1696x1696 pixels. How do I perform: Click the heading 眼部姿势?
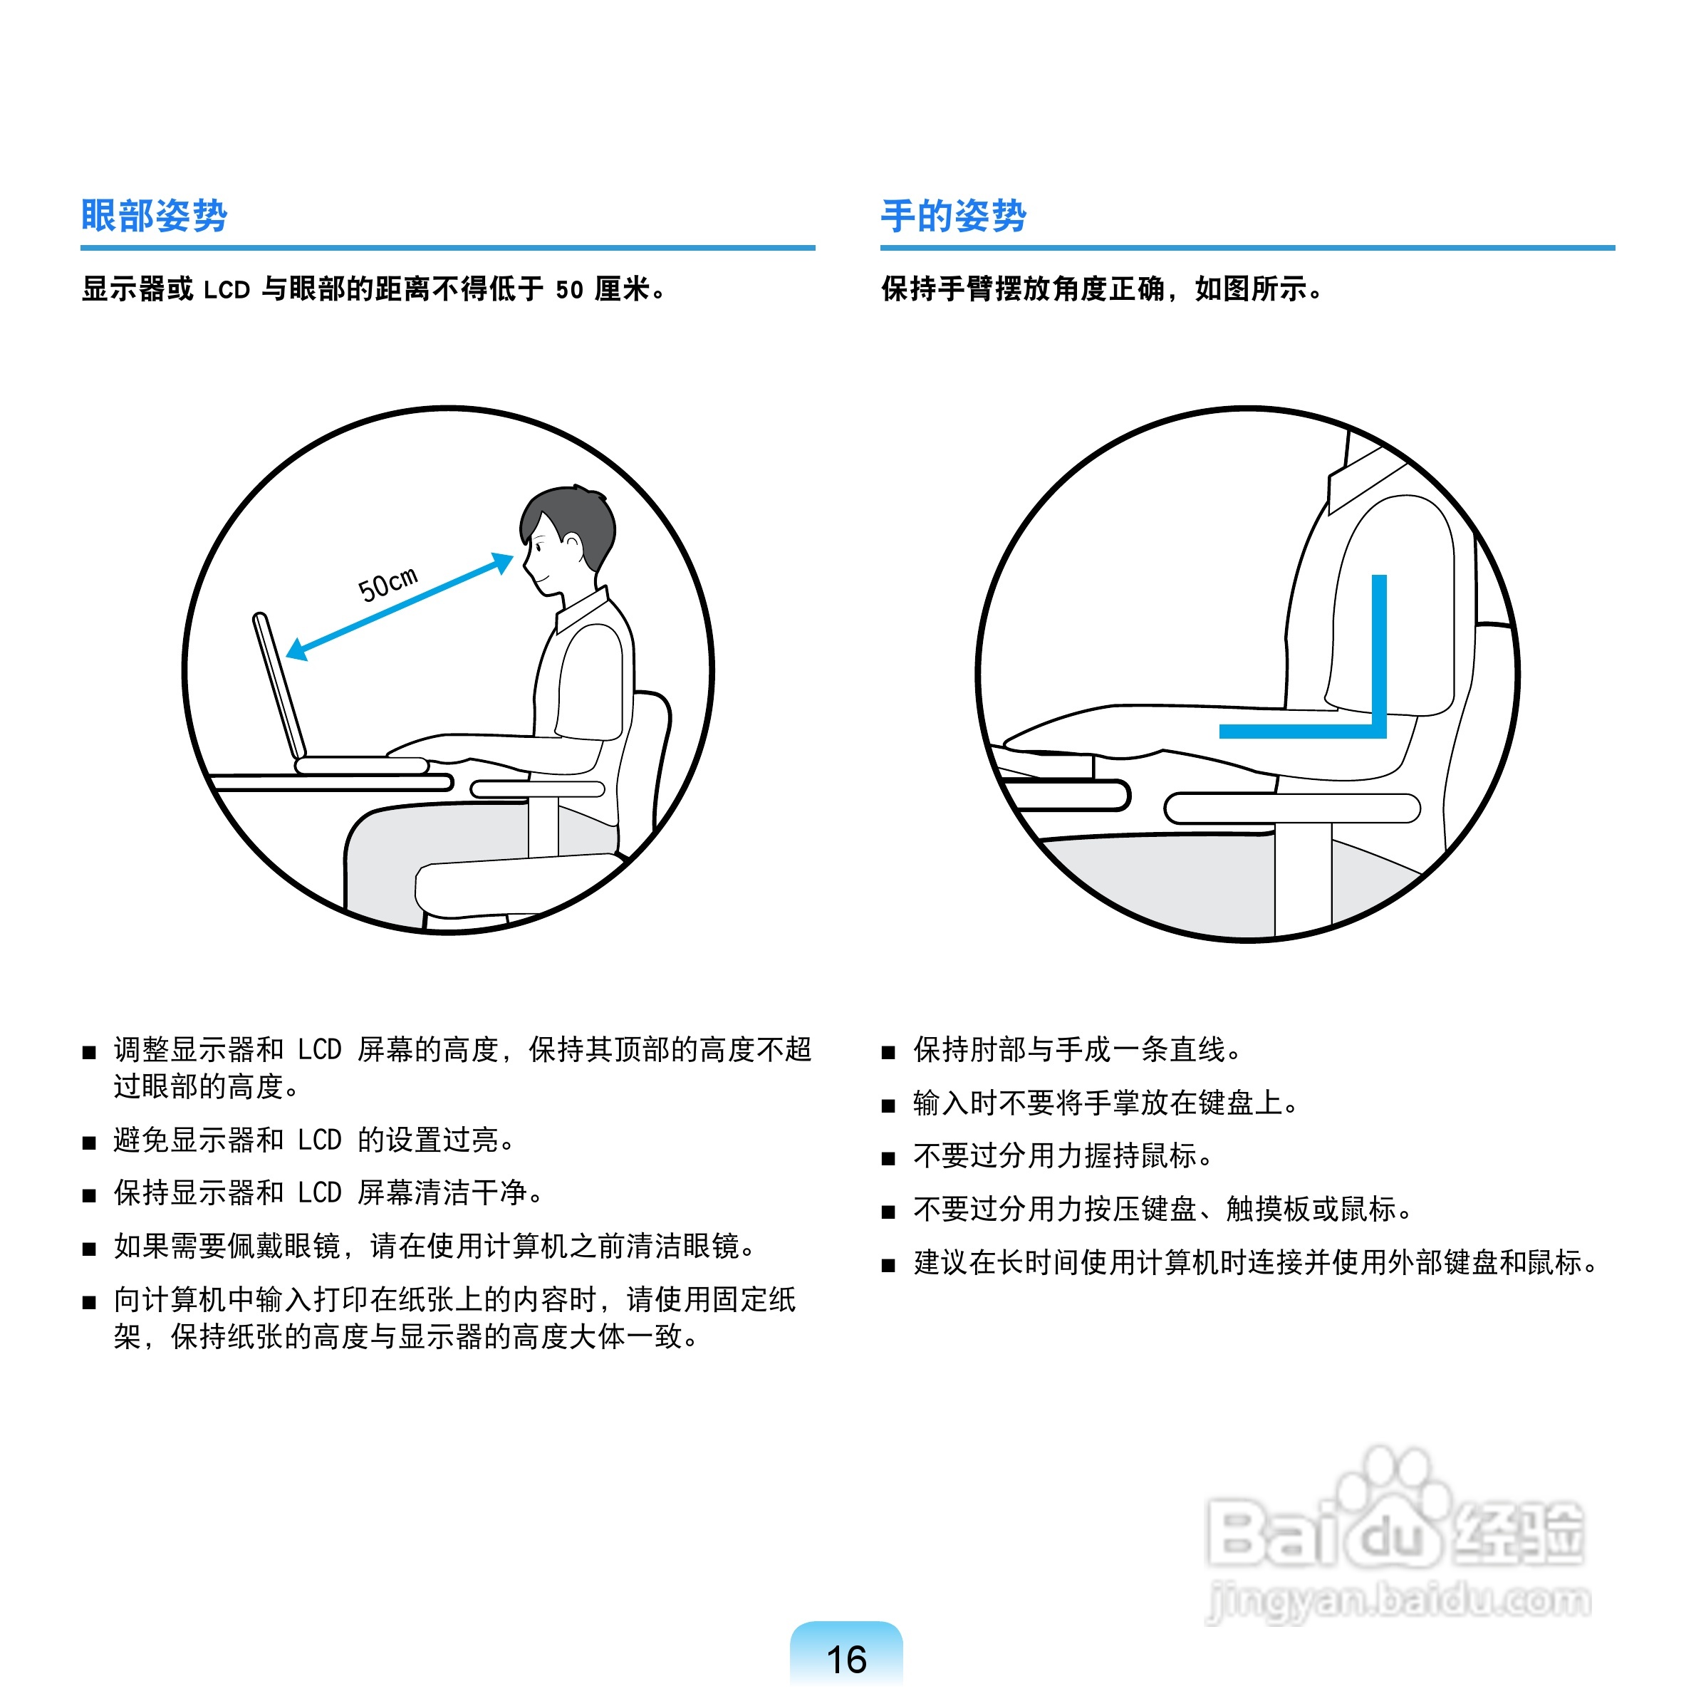[154, 215]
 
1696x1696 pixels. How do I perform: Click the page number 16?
[846, 1659]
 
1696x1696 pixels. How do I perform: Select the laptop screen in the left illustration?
[279, 685]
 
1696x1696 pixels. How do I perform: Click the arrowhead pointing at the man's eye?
[502, 563]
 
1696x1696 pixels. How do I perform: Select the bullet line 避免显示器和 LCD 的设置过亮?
[313, 1140]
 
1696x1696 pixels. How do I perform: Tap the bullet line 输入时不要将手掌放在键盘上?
[1104, 1103]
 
